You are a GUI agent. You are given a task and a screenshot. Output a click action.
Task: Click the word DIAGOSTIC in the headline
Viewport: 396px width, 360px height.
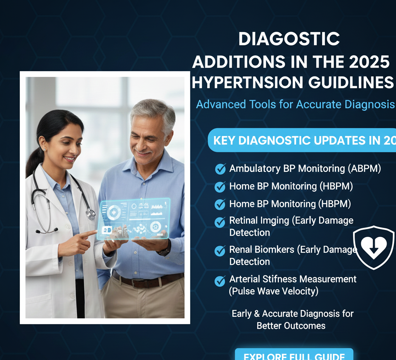[289, 39]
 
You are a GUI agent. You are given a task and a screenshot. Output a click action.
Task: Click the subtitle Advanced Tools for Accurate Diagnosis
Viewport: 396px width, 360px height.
[295, 104]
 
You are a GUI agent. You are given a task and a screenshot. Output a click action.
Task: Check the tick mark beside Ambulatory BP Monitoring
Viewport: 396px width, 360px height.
[220, 169]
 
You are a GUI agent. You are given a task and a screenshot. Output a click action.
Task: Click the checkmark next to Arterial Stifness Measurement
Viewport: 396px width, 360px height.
[220, 281]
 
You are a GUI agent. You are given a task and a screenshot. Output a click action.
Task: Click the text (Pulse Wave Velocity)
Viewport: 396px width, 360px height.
[274, 291]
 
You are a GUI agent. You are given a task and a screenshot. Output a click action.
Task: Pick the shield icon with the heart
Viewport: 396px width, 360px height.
[374, 247]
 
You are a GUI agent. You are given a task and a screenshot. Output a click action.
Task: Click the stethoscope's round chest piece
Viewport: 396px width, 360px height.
[90, 213]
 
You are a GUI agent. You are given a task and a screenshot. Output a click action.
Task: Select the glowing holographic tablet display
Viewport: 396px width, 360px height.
[134, 219]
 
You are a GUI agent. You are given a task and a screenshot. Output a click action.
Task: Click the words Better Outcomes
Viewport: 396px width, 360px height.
[291, 326]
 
